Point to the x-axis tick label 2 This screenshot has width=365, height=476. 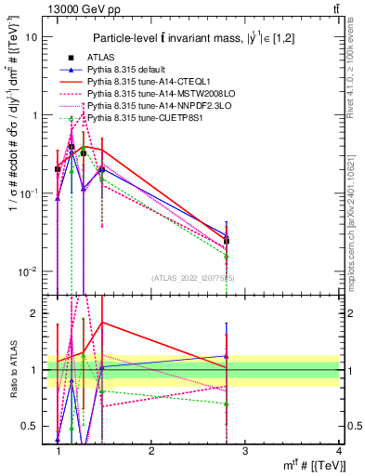(151, 451)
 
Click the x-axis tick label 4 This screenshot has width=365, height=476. (339, 451)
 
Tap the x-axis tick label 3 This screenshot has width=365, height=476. (245, 451)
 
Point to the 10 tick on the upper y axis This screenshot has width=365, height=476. (32, 37)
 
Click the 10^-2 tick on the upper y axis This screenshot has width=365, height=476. (30, 271)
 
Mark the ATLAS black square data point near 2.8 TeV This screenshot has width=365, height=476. (227, 241)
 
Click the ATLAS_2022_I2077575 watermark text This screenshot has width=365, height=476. (192, 278)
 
